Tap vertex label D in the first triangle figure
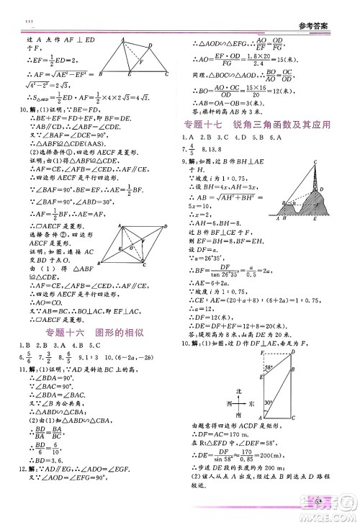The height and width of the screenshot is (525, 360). [x=156, y=40]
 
